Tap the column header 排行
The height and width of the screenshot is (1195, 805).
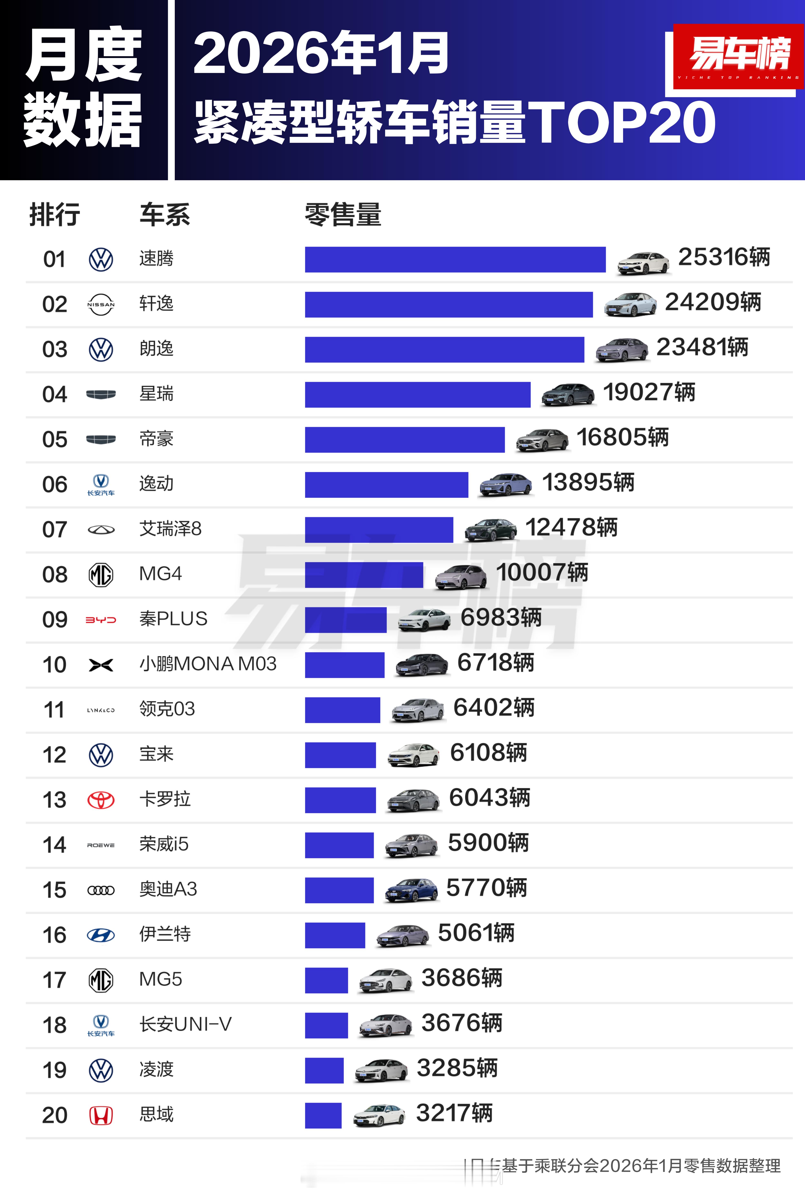tap(54, 215)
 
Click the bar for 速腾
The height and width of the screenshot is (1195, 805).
tap(455, 260)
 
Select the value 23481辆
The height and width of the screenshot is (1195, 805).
tap(702, 347)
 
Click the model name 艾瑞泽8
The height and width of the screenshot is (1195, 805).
tap(170, 529)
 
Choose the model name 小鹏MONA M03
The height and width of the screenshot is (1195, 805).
tap(207, 664)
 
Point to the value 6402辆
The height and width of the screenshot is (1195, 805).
tap(493, 708)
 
